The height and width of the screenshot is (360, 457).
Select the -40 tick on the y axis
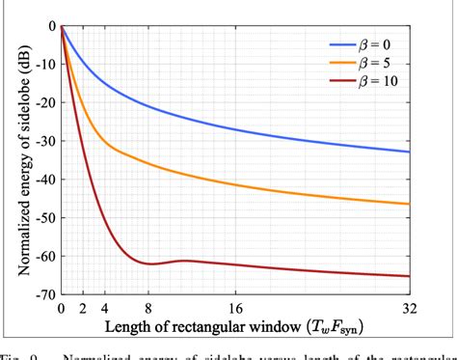pos(41,179)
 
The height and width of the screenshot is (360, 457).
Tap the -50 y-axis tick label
pos(41,217)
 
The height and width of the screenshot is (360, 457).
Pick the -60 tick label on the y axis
pos(41,256)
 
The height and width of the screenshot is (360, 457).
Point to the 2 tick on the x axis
pos(83,311)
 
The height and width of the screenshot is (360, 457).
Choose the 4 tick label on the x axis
pos(104,311)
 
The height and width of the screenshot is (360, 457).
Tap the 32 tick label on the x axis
pos(408,311)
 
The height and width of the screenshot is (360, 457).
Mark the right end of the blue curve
pos(409,152)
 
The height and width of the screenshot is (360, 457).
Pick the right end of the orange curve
pos(409,204)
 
